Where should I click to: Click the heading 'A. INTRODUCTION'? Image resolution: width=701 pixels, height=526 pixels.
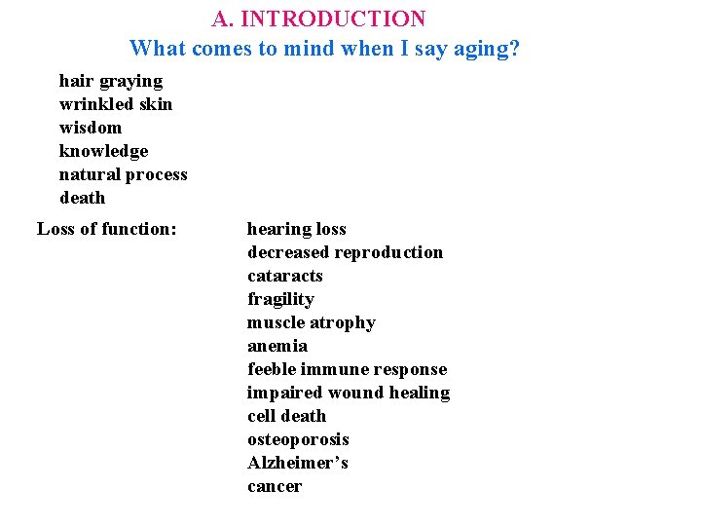pyautogui.click(x=318, y=19)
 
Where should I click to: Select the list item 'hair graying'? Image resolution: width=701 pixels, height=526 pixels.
pyautogui.click(x=111, y=81)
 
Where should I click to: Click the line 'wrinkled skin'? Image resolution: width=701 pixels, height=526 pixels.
pyautogui.click(x=115, y=104)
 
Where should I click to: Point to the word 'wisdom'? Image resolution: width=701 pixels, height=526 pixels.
pyautogui.click(x=91, y=128)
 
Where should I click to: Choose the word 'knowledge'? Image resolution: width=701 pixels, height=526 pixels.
pyautogui.click(x=103, y=151)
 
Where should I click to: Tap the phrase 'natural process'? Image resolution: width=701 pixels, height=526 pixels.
pyautogui.click(x=123, y=174)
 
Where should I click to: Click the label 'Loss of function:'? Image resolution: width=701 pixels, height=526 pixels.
pyautogui.click(x=107, y=229)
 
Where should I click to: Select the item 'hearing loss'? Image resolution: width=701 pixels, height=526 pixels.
pyautogui.click(x=296, y=229)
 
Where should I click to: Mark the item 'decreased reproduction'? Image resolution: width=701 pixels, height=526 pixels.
pyautogui.click(x=345, y=252)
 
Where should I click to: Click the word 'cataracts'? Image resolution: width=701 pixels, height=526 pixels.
pyautogui.click(x=284, y=276)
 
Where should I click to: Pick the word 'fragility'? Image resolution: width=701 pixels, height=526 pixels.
pyautogui.click(x=280, y=299)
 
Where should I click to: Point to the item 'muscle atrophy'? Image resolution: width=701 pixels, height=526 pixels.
pyautogui.click(x=311, y=322)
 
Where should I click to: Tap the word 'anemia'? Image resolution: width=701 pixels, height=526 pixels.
pyautogui.click(x=277, y=346)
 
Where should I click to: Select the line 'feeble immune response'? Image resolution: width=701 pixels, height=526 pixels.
pyautogui.click(x=347, y=369)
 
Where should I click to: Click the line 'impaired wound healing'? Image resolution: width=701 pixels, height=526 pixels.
pyautogui.click(x=348, y=393)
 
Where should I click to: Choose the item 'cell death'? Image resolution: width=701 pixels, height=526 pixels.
pyautogui.click(x=286, y=416)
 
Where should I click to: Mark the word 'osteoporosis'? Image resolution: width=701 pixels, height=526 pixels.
pyautogui.click(x=298, y=439)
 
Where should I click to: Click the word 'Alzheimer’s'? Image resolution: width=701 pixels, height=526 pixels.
pyautogui.click(x=297, y=463)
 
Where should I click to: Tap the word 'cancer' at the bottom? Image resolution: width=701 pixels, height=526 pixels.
pyautogui.click(x=274, y=486)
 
